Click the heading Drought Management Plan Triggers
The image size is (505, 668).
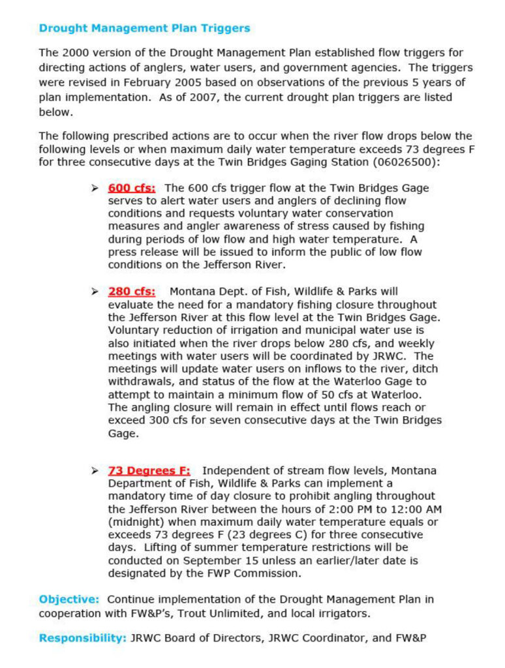144,29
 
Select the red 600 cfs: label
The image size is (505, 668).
132,188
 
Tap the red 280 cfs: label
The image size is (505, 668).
132,292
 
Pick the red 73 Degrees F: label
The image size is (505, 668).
149,470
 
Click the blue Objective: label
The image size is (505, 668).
69,599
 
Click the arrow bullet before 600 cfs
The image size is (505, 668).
95,188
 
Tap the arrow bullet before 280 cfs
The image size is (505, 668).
95,292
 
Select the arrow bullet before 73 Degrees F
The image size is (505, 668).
95,470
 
